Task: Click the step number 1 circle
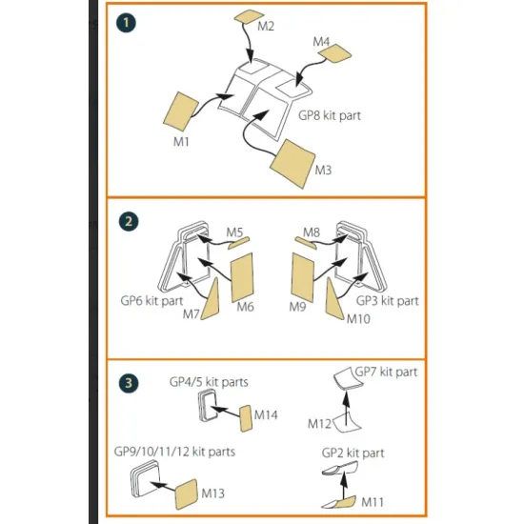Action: tap(126, 23)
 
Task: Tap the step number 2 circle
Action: tap(129, 222)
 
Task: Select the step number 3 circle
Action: tap(129, 383)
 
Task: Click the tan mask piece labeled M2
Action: tap(249, 16)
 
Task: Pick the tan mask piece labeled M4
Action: tap(334, 52)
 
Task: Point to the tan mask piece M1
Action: tap(181, 111)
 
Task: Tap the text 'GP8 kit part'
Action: tap(330, 115)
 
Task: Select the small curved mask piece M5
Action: tap(238, 243)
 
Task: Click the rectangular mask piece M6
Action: tap(242, 277)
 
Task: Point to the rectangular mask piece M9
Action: tap(303, 277)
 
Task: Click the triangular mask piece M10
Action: tap(333, 300)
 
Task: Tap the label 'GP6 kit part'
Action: tap(151, 301)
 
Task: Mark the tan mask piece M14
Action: tap(246, 418)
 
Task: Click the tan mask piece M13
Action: tap(187, 494)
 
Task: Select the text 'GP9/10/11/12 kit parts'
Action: tap(174, 452)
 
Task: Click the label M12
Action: tap(319, 424)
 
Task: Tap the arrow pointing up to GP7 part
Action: tap(347, 409)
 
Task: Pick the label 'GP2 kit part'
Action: tap(353, 453)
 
